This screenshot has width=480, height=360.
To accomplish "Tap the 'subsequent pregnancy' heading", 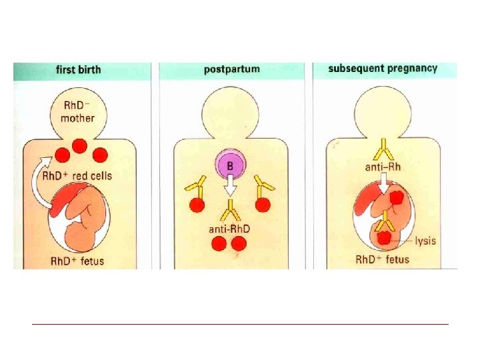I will point(383,68).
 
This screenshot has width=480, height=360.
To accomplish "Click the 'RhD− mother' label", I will point(79,112).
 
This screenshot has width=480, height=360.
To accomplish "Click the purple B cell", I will point(230,165).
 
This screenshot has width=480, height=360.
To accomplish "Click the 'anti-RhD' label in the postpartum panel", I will point(230,229).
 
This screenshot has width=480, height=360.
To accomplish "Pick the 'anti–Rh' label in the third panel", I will point(382,167).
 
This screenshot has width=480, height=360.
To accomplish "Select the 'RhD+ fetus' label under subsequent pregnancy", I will point(382,259).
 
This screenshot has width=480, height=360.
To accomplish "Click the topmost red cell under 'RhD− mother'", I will point(79,145).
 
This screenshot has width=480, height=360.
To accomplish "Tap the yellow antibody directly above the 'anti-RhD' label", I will point(230,212).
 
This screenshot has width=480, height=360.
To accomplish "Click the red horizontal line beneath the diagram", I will point(240,325).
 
